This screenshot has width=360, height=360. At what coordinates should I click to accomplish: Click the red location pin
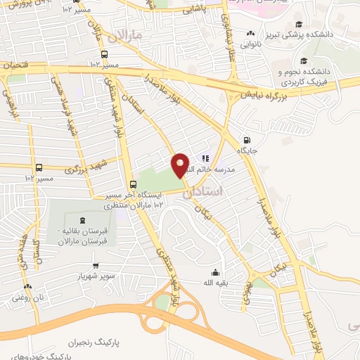pos(180,165)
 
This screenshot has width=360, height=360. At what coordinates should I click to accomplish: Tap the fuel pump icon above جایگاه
pos(245,139)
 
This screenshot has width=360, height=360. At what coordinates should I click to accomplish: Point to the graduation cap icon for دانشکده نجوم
pos(303,60)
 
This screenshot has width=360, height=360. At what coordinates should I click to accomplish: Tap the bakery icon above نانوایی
pos(250,33)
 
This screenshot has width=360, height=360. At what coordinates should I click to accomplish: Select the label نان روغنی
pos(27,297)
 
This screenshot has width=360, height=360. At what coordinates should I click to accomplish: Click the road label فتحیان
pos(17,65)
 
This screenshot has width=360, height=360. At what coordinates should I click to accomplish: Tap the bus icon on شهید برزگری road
pos(39,168)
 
